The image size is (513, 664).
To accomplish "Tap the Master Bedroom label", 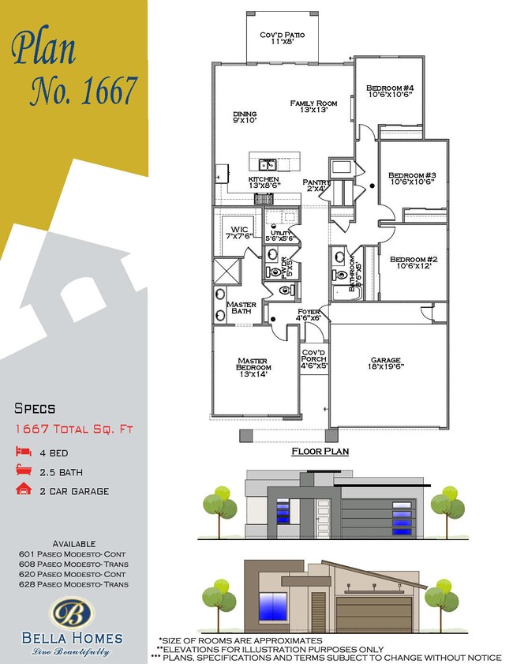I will click(254, 368).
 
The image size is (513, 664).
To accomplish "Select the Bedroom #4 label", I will click(389, 92).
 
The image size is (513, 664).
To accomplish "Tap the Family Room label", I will click(313, 107).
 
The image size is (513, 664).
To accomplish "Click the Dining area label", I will click(245, 118).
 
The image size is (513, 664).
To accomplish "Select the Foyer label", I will click(309, 314).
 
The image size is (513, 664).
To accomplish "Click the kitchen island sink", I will click(267, 164).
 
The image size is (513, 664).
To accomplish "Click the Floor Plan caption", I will click(320, 452).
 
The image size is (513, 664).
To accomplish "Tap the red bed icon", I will click(22, 452).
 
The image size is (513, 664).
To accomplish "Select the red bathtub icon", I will click(22, 471).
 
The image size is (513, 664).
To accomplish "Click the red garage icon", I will click(22, 491).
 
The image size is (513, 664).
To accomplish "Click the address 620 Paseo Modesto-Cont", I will click(73, 574).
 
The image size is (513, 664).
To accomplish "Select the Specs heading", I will click(36, 408).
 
